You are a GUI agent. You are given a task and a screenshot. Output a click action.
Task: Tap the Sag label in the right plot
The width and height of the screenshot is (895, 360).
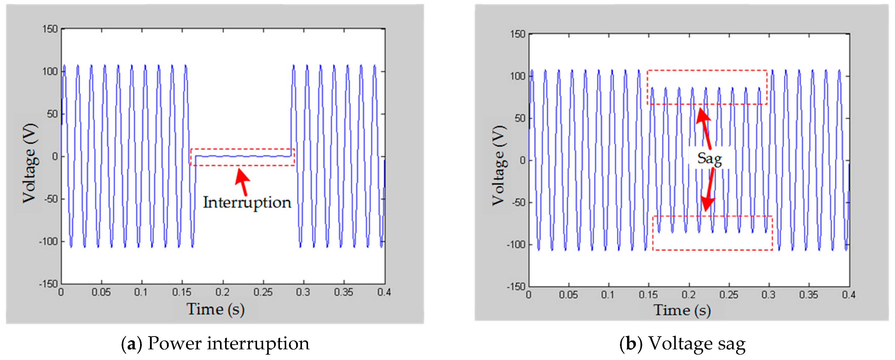(x=710, y=159)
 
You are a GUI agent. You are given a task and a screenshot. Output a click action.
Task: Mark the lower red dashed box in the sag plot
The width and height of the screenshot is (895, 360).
(x=712, y=249)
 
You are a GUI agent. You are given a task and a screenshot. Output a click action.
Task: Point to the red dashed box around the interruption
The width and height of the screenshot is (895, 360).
(x=243, y=149)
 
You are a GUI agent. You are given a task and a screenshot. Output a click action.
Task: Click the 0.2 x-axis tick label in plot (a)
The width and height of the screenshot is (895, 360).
(x=222, y=292)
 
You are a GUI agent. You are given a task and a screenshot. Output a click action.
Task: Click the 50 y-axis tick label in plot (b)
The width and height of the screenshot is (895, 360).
(x=520, y=118)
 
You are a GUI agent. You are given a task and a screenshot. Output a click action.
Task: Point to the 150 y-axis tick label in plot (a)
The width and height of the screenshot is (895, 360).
(x=50, y=29)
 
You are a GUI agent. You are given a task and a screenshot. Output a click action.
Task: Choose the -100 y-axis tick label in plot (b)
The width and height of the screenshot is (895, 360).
(x=516, y=245)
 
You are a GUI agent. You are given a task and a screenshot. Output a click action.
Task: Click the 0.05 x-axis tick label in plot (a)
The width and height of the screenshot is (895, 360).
(x=101, y=292)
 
